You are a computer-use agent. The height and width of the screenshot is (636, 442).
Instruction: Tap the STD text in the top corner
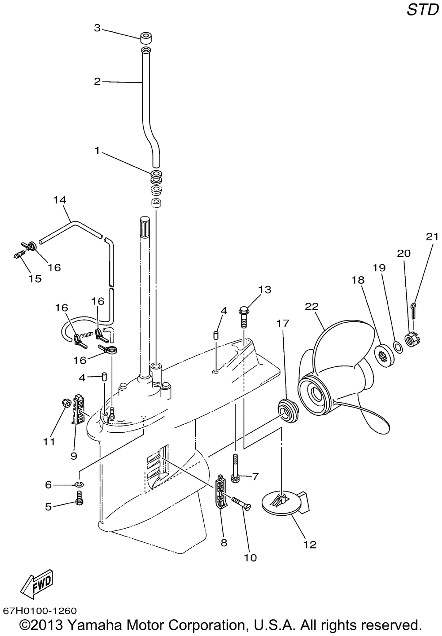(x=423, y=10)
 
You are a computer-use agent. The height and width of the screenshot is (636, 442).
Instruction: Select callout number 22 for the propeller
(x=312, y=307)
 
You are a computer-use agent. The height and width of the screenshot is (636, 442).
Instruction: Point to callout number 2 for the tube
(x=97, y=82)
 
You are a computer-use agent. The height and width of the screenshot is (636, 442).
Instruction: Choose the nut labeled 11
(x=66, y=402)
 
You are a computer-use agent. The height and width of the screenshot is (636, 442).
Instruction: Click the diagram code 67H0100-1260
(x=40, y=610)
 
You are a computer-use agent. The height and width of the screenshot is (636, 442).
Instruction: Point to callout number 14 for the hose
(x=60, y=200)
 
